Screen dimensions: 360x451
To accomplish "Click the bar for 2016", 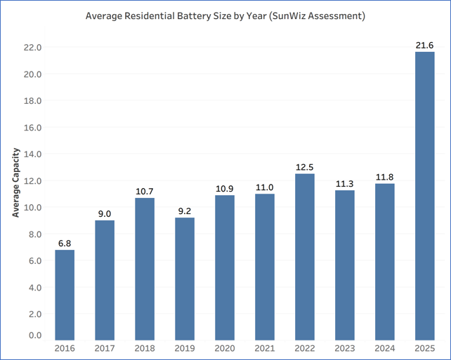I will coord(65,295).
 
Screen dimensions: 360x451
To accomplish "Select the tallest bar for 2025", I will coord(424,196).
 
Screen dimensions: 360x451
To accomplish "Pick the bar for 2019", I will coord(184,279).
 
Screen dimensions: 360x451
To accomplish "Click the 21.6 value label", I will coord(424,45).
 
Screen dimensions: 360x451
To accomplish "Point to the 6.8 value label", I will coord(65,243).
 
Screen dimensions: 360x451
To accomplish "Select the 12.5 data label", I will coord(304,167).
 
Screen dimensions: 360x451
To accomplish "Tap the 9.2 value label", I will coord(184,211).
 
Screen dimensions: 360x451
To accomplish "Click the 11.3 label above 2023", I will coord(344,185).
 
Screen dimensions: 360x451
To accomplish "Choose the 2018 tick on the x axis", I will coord(145,348).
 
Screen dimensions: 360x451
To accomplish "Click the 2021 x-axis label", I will coord(264,348).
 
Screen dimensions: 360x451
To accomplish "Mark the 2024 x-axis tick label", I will coord(384,348).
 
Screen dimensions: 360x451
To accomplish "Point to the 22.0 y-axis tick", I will coord(33,48).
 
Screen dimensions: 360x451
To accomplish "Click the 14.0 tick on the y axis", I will coord(33,154).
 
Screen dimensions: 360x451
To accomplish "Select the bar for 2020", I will coord(224,267).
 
